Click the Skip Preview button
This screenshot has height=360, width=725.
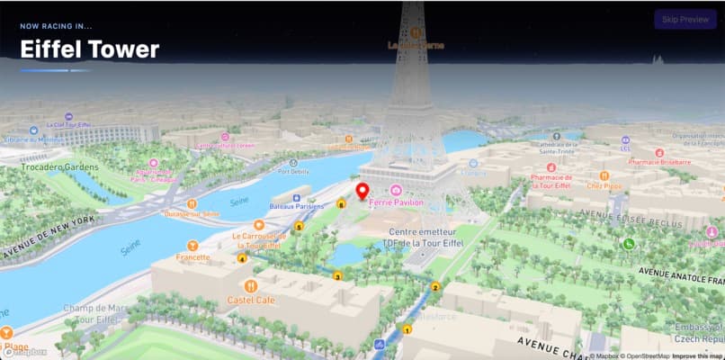coord(685,20)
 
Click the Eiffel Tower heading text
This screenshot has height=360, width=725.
coord(90,49)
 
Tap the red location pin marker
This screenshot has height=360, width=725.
coord(362,192)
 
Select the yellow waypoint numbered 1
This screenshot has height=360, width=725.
coord(407,329)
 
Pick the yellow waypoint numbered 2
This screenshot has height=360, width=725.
coord(435,287)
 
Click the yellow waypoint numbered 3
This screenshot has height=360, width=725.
coord(337,275)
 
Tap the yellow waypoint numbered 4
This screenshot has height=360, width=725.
coord(241,259)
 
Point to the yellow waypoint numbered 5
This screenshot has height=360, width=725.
coord(299,227)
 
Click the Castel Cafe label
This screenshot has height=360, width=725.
coord(251,300)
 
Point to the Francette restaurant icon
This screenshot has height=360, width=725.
coord(192,245)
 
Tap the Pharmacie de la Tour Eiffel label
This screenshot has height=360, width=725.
coord(550,182)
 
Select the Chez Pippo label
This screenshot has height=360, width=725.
coord(604,186)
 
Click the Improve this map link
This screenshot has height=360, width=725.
coord(696,355)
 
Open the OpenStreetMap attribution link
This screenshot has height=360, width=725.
coord(640,355)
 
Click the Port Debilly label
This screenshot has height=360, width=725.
coord(293,171)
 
